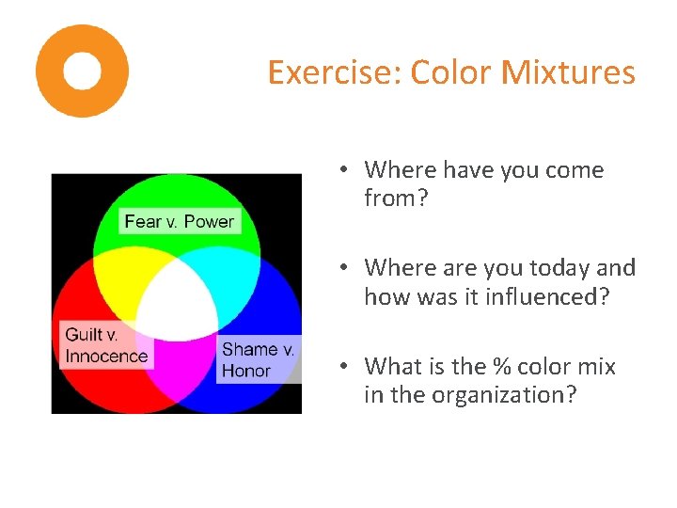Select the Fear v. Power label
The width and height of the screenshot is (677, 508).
point(180,222)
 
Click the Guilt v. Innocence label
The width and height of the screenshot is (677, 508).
point(106,345)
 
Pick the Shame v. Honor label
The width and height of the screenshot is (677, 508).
point(259,360)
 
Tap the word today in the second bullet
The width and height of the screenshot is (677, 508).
point(559,268)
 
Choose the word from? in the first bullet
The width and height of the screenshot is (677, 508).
point(395,198)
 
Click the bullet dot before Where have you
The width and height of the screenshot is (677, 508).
point(345,170)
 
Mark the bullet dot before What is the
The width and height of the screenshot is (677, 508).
point(345,366)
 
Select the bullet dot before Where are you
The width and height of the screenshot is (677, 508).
point(345,268)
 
